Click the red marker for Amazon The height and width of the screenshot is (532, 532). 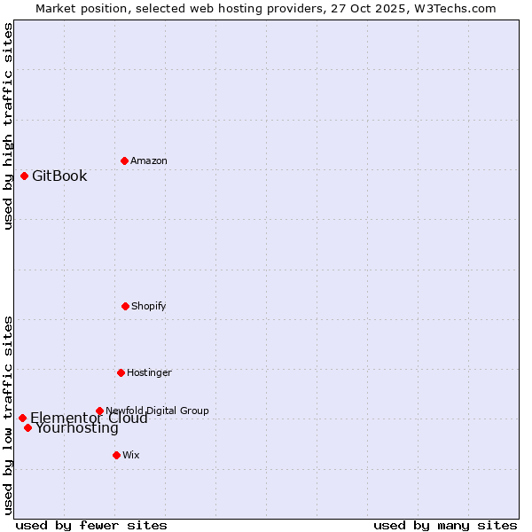coord(124,160)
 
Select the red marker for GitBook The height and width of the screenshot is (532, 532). coord(24,176)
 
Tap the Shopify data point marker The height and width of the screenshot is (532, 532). coord(125,306)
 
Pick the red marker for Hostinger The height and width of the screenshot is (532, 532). coord(121,372)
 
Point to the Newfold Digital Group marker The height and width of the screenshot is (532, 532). coord(99,411)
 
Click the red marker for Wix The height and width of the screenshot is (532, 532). coord(116,455)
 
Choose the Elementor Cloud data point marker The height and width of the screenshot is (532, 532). coord(22,418)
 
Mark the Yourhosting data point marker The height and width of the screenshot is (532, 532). coord(27,427)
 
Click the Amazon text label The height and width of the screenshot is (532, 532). coord(149,160)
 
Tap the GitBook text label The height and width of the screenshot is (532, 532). coord(59,176)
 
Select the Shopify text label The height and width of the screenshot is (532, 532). coord(149,306)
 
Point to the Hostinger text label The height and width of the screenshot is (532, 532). coord(149,372)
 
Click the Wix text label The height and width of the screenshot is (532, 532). coord(131,455)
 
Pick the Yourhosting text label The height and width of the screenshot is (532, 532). coord(77,428)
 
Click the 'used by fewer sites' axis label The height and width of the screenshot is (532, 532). coord(91,525)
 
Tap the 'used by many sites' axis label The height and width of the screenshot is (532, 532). coord(445,525)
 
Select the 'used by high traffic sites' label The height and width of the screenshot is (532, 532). coord(8,126)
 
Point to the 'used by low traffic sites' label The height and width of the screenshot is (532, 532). coord(8,415)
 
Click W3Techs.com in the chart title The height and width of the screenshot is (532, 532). coord(458,8)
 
